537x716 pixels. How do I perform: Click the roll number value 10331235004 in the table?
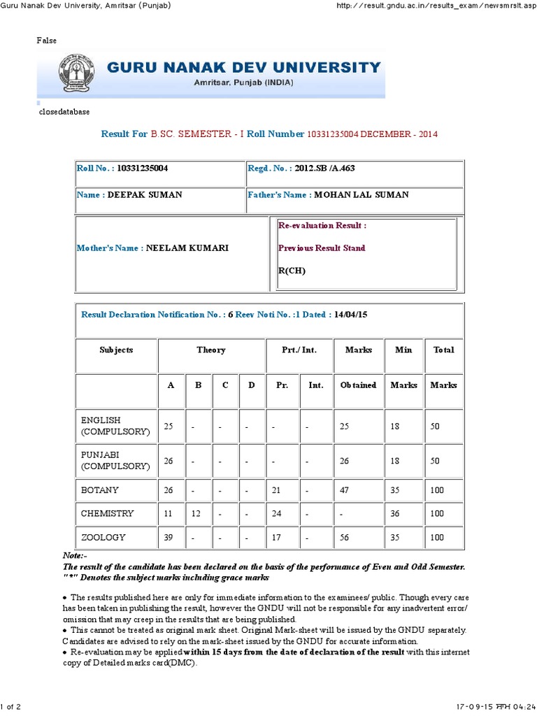pyautogui.click(x=143, y=169)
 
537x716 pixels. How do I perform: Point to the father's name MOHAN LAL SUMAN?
pyautogui.click(x=361, y=195)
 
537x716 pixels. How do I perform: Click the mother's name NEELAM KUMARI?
pyautogui.click(x=187, y=248)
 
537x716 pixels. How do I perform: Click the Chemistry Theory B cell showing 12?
pyautogui.click(x=198, y=513)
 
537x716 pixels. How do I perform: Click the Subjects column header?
pyautogui.click(x=116, y=350)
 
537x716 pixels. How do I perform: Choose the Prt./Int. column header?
pyautogui.click(x=299, y=350)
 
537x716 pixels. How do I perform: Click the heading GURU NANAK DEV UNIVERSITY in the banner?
pyautogui.click(x=243, y=68)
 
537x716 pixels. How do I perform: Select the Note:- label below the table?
pyautogui.click(x=74, y=554)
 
